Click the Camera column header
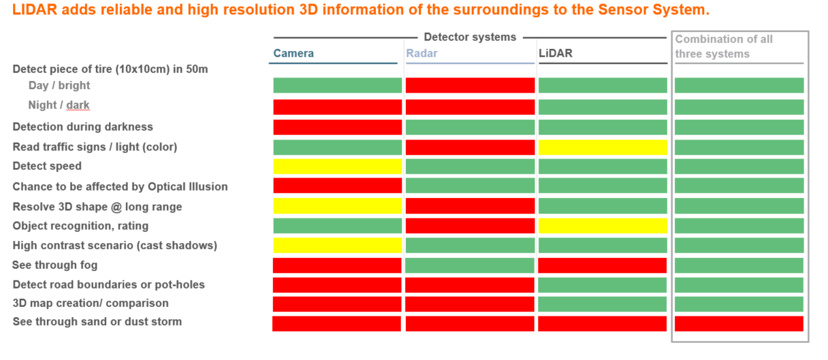point(293,54)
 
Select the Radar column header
point(421,54)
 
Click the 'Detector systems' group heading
point(470,37)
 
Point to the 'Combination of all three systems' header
point(723,46)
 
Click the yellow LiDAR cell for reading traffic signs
point(602,147)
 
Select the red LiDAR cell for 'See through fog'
point(602,265)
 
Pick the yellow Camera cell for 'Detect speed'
point(337,166)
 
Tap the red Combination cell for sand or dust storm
point(739,323)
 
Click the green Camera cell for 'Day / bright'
point(337,85)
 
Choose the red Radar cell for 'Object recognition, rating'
point(470,226)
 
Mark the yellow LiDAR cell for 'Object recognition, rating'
point(602,226)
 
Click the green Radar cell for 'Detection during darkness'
point(470,127)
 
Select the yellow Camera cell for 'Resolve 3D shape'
point(337,206)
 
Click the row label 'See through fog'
point(54,265)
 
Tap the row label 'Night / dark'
point(59,105)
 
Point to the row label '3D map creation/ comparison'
point(90,303)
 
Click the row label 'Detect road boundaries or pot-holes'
point(108,284)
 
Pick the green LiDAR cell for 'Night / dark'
point(602,107)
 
